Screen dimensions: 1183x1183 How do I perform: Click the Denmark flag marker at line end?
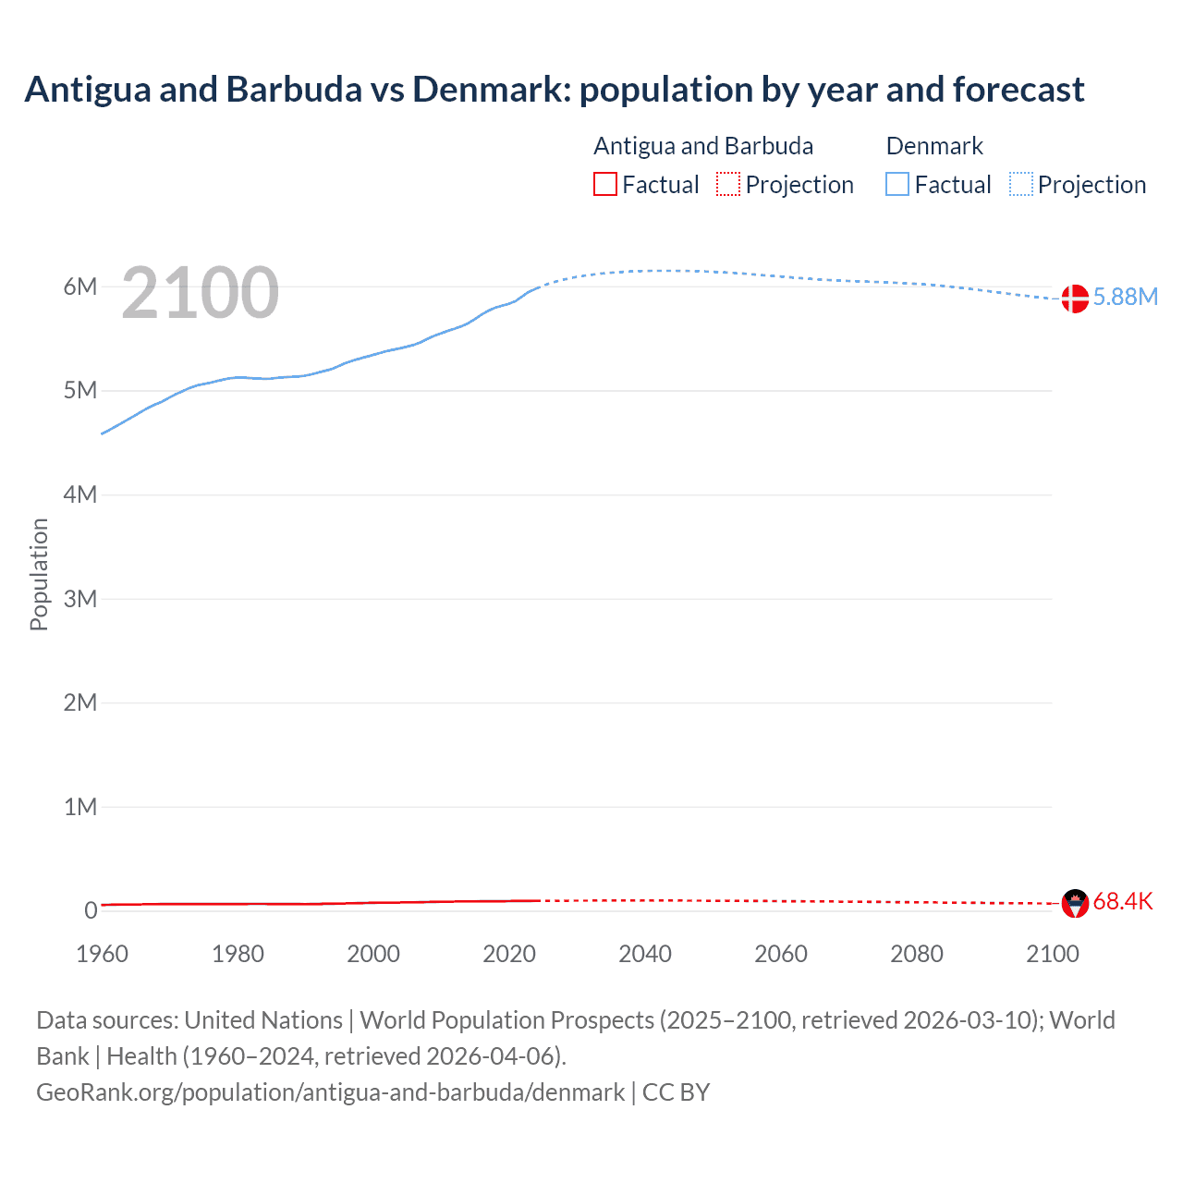pos(1074,299)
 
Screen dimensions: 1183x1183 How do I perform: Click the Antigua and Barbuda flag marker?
pos(1075,903)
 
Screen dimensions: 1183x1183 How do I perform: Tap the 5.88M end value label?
pos(1125,297)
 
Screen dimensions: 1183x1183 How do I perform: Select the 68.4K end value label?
pos(1123,901)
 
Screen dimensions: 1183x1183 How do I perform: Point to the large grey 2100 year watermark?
pos(200,293)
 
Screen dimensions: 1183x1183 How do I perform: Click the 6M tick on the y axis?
pos(80,287)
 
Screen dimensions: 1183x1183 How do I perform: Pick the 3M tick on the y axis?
pos(80,599)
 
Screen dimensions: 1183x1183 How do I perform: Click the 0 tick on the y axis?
pos(91,910)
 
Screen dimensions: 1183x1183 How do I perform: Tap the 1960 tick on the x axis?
pos(102,954)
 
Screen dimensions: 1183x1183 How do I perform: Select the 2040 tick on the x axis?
pos(645,954)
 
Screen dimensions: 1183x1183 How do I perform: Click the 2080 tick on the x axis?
pos(917,954)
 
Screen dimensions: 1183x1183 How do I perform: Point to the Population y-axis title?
pos(39,574)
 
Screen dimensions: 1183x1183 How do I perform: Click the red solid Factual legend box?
pos(605,185)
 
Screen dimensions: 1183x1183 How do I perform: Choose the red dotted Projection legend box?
pos(728,185)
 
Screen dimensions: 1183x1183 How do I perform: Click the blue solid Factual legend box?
pos(897,185)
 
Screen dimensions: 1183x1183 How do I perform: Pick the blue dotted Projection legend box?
pos(1021,185)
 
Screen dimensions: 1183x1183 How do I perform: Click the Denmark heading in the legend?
pos(934,146)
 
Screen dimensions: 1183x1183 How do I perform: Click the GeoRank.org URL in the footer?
pos(330,1092)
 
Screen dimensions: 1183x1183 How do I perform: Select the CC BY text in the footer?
pos(676,1092)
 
